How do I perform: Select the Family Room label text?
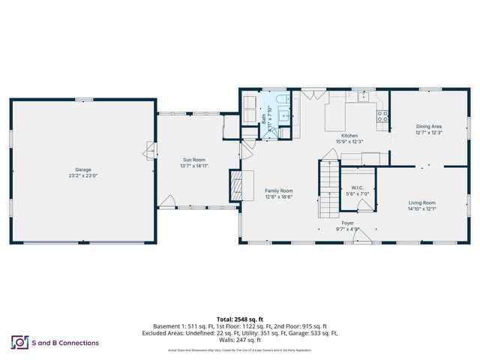tap(278, 190)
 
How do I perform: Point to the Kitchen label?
tap(349, 135)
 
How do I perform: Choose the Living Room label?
tap(421, 202)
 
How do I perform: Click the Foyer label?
tap(348, 223)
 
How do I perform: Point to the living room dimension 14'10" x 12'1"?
tap(421, 209)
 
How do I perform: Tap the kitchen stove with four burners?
tap(382, 116)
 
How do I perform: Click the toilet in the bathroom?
tap(280, 100)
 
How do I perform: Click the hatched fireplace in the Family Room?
tap(235, 184)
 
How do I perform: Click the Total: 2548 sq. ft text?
tap(239, 319)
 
